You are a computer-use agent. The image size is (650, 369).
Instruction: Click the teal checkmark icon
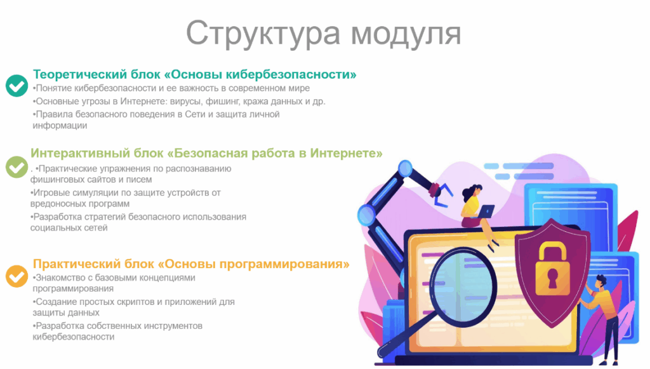17,86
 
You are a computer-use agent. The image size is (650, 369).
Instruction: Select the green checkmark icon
17,166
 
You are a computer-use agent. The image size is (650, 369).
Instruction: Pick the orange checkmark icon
17,276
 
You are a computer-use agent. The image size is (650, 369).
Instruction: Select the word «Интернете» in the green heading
346,153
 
